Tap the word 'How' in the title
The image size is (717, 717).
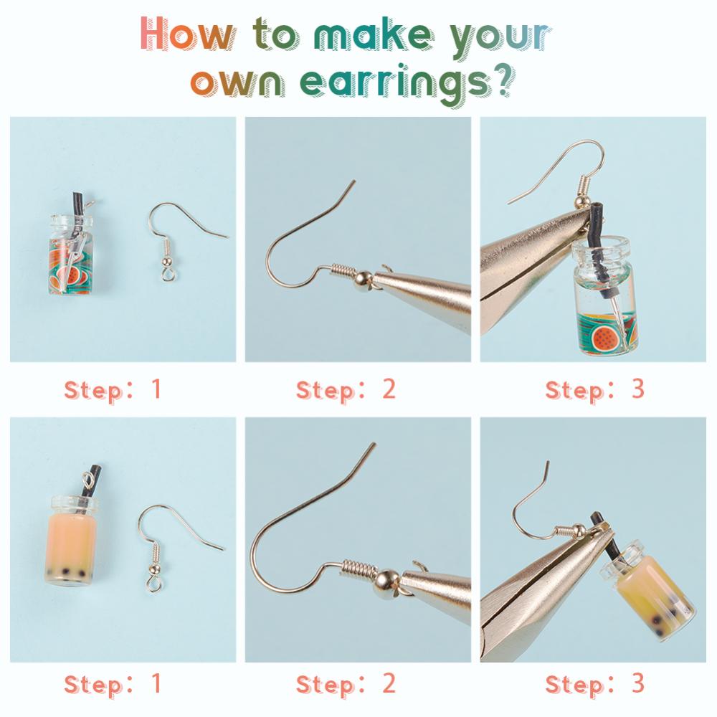click(186, 34)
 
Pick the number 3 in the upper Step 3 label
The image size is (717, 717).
click(638, 389)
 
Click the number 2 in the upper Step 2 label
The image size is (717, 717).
click(389, 389)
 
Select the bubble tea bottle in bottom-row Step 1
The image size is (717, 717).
click(72, 531)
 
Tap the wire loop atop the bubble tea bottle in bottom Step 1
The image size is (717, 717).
click(89, 480)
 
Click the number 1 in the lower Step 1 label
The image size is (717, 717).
click(156, 683)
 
